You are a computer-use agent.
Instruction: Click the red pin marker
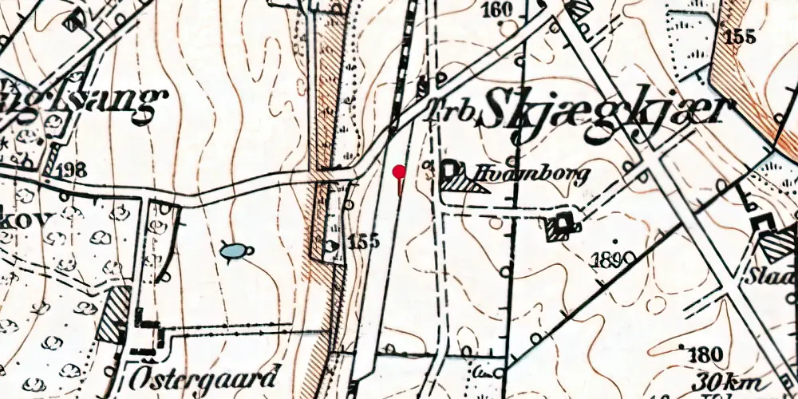[399, 171]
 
